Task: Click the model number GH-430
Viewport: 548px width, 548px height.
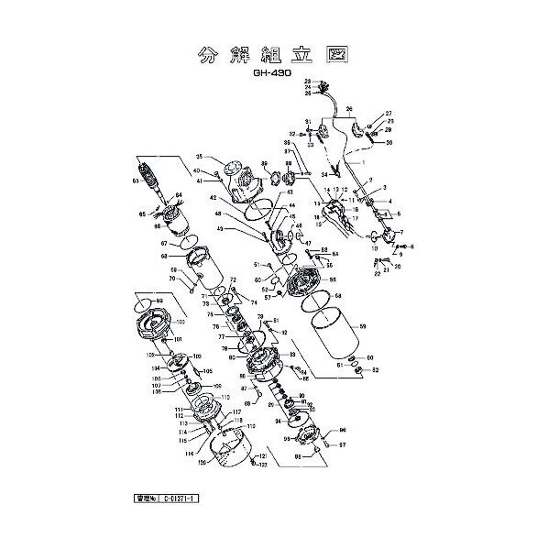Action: (x=274, y=78)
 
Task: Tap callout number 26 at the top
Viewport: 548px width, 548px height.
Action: (x=347, y=110)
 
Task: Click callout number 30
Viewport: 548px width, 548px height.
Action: (x=388, y=143)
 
